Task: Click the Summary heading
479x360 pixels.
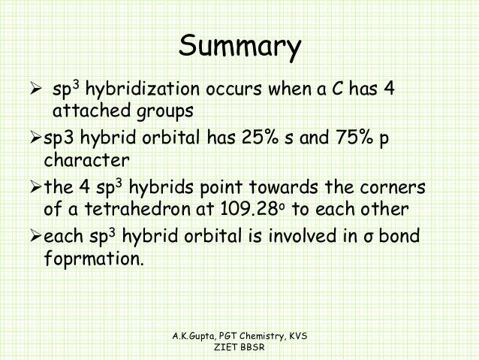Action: point(239,48)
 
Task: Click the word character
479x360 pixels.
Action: point(86,160)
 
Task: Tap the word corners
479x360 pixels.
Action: point(390,186)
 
